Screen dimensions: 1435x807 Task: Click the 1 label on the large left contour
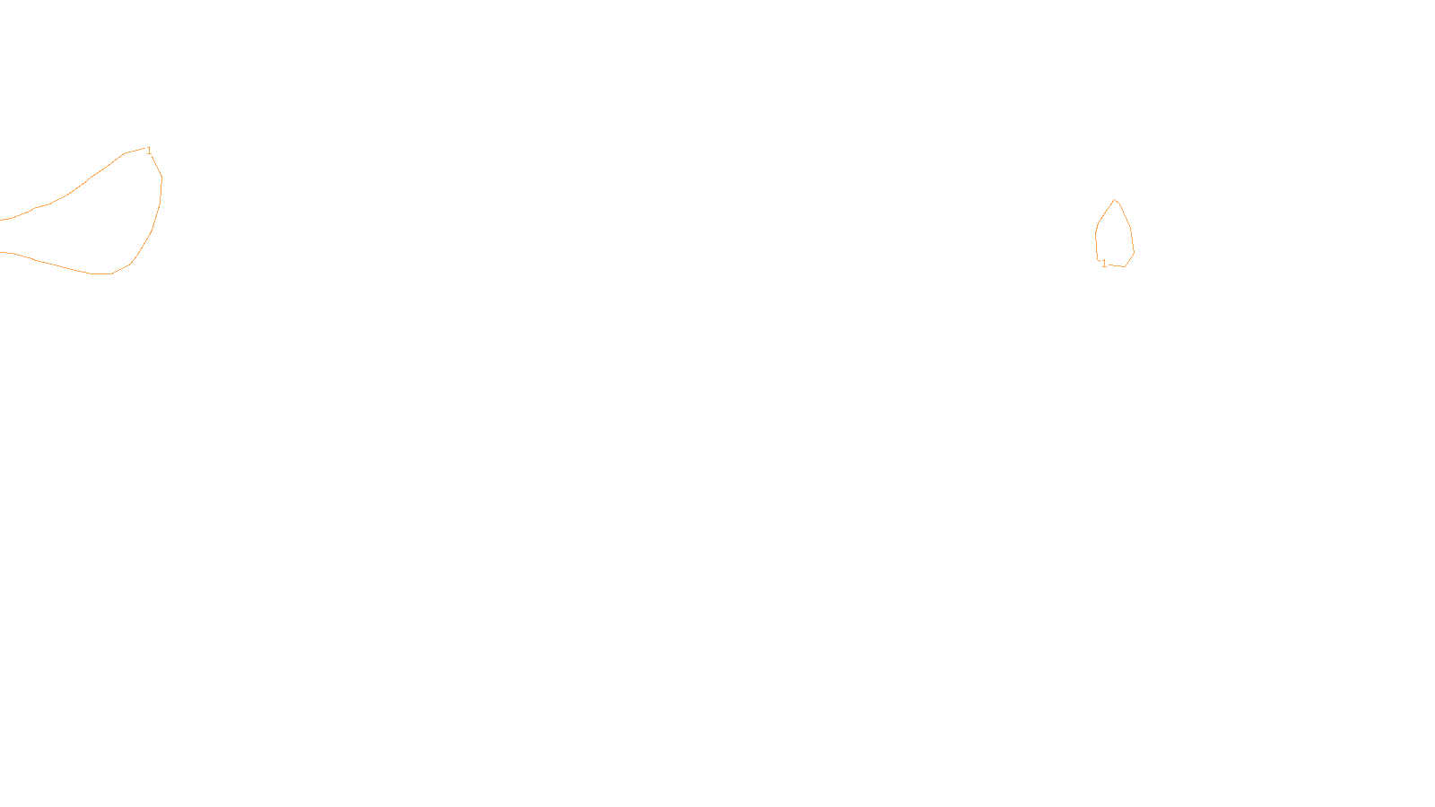(x=149, y=151)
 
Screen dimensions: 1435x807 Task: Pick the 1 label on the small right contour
(x=1104, y=264)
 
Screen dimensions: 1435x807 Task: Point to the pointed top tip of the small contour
(x=1115, y=200)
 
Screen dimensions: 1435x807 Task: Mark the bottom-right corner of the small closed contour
(x=1125, y=266)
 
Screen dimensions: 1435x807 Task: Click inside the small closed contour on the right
(x=1115, y=238)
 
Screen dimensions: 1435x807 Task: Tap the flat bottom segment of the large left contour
(x=100, y=273)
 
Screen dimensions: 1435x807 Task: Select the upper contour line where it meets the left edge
(x=3, y=219)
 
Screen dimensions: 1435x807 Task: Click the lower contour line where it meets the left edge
(x=3, y=253)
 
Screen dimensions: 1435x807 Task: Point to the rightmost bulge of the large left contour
(x=161, y=179)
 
